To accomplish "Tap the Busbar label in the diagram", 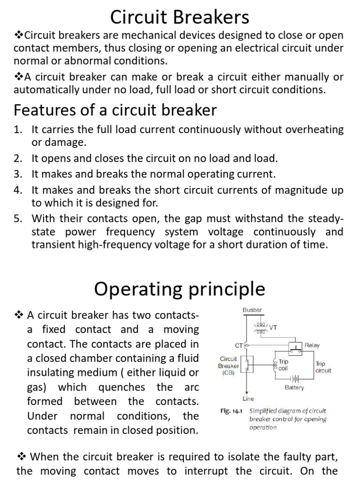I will [252, 310].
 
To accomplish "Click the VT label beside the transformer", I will [273, 328].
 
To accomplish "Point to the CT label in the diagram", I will [239, 346].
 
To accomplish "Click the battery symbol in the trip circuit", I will [294, 378].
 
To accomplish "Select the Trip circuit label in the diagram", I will [323, 367].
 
